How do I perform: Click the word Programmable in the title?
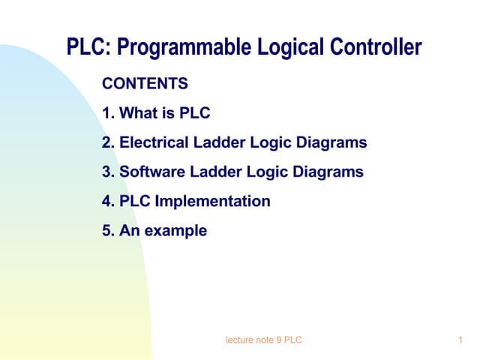(181, 48)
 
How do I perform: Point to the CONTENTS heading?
(145, 83)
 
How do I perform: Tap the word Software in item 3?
(151, 172)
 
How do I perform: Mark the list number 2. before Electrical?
(108, 142)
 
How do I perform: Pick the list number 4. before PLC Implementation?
(108, 201)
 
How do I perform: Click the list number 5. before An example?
(108, 230)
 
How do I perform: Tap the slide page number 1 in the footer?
(459, 341)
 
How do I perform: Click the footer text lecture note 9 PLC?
(263, 341)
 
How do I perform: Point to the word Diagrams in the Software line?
(327, 172)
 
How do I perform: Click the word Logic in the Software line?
(266, 172)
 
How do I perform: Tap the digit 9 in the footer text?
(278, 341)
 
